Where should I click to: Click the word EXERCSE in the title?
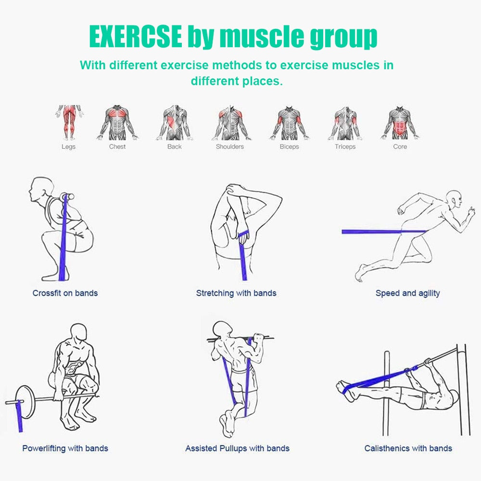click(136, 37)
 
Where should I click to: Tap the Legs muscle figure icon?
click(68, 122)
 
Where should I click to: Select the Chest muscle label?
click(117, 147)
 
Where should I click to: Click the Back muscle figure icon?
click(174, 123)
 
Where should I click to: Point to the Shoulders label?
click(229, 147)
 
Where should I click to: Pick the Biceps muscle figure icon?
click(289, 123)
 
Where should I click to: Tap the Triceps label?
click(345, 147)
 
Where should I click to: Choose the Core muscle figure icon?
click(400, 123)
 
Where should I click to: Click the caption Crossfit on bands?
click(65, 293)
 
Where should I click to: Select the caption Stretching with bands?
click(236, 293)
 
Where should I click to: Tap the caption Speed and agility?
click(407, 293)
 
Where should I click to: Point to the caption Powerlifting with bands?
click(65, 448)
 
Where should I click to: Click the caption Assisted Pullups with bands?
click(237, 448)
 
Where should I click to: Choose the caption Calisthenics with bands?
click(408, 448)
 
